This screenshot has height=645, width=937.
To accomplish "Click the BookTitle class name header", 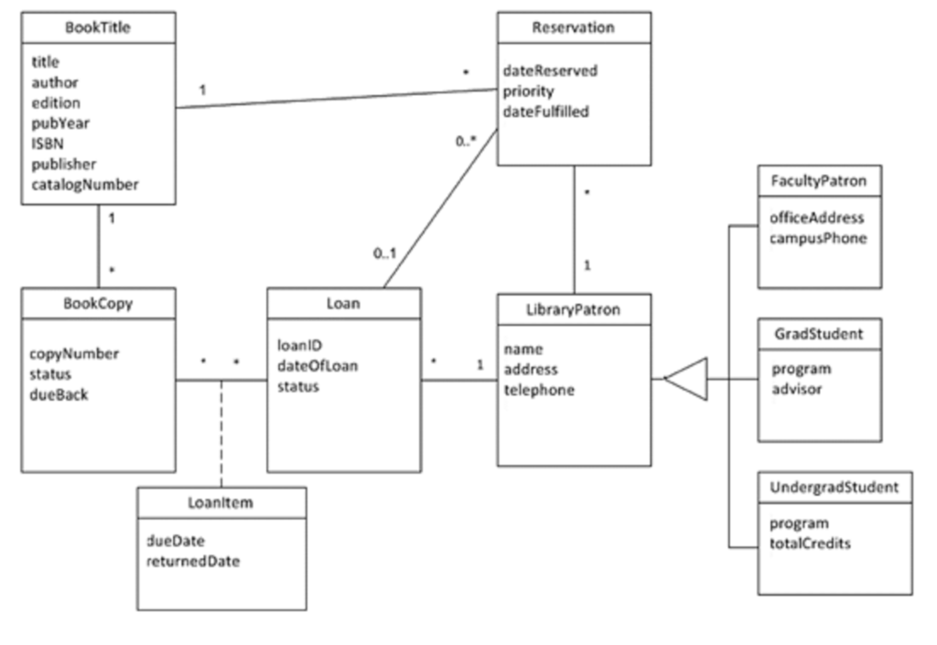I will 98,27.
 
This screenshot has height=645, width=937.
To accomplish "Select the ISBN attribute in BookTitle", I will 47,144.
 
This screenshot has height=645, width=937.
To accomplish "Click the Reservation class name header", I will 574,27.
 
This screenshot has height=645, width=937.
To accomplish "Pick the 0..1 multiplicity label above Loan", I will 386,253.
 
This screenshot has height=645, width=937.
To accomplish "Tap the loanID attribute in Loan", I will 299,347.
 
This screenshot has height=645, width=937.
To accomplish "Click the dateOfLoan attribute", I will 318,367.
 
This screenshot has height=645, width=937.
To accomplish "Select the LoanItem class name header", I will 221,503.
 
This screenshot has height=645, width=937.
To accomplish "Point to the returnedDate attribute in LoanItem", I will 194,562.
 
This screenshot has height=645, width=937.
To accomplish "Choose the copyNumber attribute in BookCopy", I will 69,353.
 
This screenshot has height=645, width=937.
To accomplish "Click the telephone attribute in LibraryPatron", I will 540,390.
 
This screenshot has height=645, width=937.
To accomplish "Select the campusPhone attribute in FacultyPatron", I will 817,238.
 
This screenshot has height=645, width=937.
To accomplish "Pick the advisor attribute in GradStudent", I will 796,389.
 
